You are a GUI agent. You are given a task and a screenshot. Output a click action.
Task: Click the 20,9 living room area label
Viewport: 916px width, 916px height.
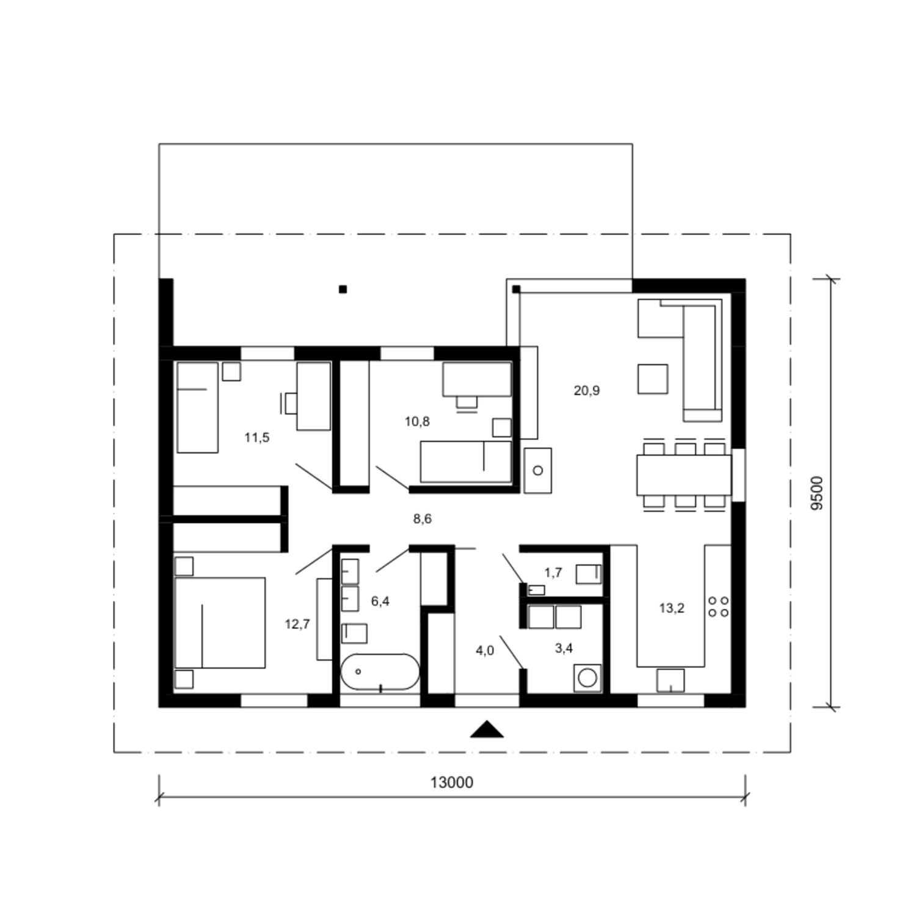click(586, 390)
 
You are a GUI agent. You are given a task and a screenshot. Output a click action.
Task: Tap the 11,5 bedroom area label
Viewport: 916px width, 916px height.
click(256, 437)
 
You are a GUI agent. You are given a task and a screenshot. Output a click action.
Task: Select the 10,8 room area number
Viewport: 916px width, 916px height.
click(417, 421)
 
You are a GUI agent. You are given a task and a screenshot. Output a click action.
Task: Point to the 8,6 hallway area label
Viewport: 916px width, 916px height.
click(422, 519)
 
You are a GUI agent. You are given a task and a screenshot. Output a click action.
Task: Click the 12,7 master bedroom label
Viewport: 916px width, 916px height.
click(297, 624)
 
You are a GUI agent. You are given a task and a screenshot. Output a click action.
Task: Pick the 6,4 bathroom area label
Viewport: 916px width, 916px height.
click(380, 601)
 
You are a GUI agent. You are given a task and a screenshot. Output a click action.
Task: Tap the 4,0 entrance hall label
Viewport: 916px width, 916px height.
click(485, 651)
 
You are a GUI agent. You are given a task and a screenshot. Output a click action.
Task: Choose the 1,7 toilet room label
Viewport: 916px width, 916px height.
click(553, 573)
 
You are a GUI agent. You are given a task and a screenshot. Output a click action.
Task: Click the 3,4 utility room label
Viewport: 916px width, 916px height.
click(564, 648)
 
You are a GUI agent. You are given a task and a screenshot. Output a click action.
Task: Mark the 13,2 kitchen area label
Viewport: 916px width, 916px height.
click(672, 608)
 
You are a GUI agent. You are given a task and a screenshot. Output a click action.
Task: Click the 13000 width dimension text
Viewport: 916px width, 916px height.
click(452, 782)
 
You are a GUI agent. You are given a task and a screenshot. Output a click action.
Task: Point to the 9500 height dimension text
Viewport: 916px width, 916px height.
click(818, 493)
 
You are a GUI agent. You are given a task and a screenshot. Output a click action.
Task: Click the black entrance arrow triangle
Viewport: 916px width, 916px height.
click(487, 729)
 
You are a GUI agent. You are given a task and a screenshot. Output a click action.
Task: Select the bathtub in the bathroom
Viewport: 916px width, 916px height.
click(380, 672)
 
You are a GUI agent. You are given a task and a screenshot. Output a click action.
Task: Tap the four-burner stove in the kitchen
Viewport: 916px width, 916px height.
click(718, 607)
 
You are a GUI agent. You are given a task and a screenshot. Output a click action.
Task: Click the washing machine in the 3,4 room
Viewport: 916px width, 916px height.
click(587, 678)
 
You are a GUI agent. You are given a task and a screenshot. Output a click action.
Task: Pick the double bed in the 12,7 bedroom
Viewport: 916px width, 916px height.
click(220, 622)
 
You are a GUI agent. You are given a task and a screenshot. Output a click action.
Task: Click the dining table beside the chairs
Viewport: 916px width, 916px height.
click(684, 474)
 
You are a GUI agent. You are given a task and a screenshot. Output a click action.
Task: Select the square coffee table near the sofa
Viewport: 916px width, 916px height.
click(653, 379)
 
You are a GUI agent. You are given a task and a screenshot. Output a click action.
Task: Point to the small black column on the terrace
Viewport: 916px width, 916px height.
click(343, 289)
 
